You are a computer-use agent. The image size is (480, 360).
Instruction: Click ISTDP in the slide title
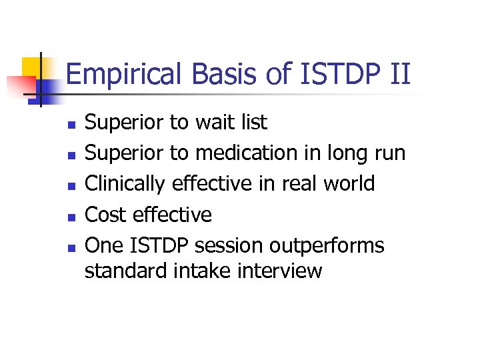(332, 73)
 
